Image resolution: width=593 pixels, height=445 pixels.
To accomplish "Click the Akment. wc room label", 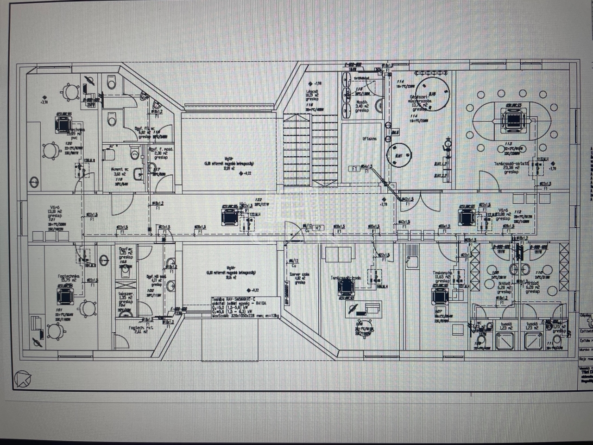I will [x=116, y=172].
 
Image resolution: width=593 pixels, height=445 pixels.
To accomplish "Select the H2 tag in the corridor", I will [x=319, y=228].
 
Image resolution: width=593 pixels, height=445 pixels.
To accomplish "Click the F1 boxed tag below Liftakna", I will [x=354, y=169].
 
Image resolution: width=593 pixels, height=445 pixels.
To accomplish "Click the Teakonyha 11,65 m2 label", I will [x=442, y=276].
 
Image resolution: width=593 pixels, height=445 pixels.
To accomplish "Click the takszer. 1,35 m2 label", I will [x=126, y=297].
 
